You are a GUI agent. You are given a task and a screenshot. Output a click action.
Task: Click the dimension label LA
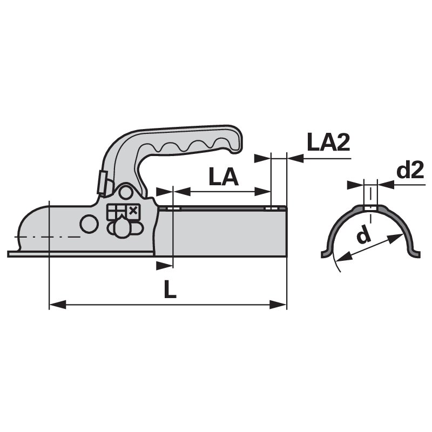click(222, 177)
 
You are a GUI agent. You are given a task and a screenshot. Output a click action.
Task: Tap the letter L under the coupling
click(170, 291)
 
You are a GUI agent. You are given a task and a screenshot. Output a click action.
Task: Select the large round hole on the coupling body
click(87, 222)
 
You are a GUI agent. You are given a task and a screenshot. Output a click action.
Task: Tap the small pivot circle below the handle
click(126, 193)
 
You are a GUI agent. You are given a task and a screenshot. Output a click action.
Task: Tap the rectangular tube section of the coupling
click(227, 232)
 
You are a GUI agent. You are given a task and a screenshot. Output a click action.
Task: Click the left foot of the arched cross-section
click(326, 252)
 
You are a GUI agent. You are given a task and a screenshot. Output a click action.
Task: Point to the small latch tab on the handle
click(101, 182)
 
